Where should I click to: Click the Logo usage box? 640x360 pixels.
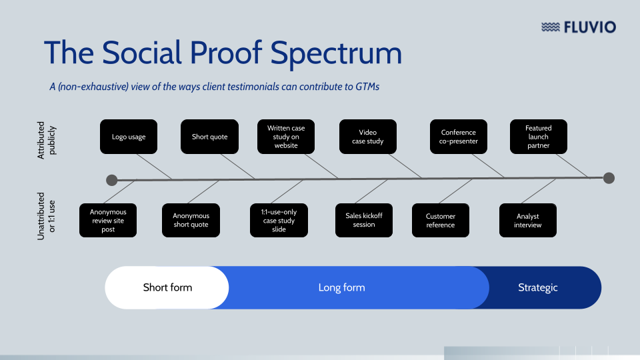point(129,137)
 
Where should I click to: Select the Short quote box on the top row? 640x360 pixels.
point(209,137)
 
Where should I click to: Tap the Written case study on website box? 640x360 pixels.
point(286,137)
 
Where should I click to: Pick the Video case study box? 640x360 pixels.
point(367,137)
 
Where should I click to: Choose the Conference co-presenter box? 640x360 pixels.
point(459,137)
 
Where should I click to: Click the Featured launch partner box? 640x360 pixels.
point(538,137)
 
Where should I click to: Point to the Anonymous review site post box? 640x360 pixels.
point(108,221)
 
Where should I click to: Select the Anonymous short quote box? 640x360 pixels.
point(191,221)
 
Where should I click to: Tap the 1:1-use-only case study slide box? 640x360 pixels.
point(279,221)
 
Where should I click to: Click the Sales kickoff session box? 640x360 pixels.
point(363,221)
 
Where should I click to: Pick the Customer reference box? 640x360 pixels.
point(441,221)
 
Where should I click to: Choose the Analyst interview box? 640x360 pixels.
point(527,221)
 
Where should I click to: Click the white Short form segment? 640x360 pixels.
point(167,288)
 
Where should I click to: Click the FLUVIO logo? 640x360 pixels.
point(578,27)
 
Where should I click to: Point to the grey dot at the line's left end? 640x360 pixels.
point(112,180)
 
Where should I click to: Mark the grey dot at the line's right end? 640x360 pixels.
point(609,178)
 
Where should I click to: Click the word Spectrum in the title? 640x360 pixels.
point(335,53)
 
